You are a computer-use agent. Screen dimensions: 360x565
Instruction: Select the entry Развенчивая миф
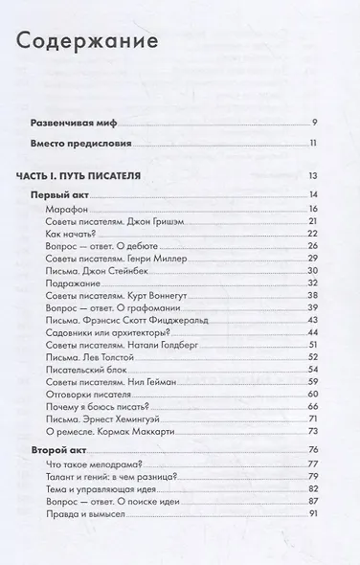(71, 124)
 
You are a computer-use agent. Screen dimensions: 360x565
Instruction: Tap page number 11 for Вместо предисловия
(312, 145)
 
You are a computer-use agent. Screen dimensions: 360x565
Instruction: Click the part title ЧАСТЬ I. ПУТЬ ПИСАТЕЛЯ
(79, 176)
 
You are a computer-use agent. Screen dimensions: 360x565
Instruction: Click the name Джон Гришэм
(146, 221)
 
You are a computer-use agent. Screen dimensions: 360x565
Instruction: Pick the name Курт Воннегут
(153, 296)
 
